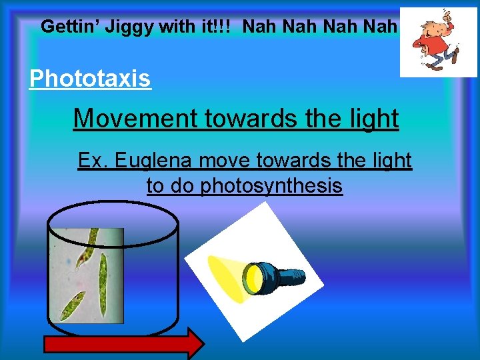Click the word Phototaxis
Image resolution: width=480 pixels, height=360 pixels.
(90, 79)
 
